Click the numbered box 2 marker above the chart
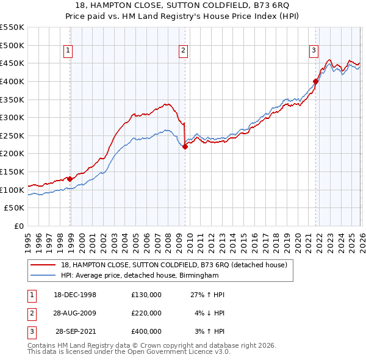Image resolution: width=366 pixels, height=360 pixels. point(183,51)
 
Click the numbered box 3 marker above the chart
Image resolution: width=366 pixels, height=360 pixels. point(314,51)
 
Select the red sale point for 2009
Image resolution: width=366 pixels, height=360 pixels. point(185,146)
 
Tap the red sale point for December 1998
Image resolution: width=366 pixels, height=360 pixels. point(70,179)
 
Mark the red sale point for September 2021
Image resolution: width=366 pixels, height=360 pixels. point(315,81)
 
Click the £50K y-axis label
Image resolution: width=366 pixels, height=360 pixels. point(15,208)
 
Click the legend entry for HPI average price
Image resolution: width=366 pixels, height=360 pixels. point(140,276)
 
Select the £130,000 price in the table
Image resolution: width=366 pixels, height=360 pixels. point(146,295)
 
